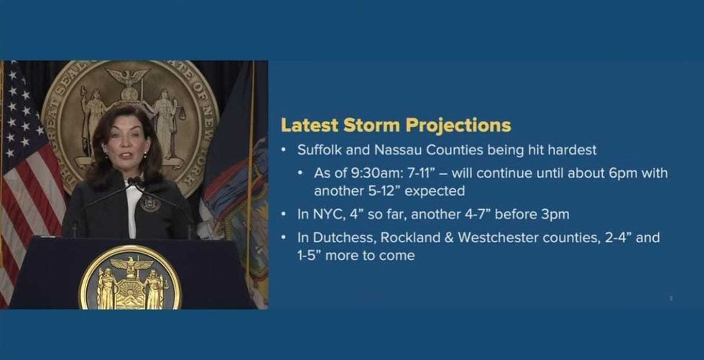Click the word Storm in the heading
(372, 126)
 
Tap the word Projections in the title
(458, 126)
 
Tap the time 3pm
(555, 215)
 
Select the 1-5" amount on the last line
(307, 256)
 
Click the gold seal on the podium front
(130, 278)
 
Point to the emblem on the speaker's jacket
(150, 203)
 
